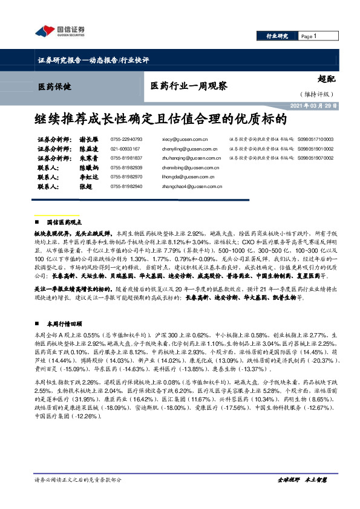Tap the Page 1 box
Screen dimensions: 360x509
point(309,37)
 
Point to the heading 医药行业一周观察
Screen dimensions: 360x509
point(188,86)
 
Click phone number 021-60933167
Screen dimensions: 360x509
point(125,148)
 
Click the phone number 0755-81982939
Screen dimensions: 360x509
point(126,167)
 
